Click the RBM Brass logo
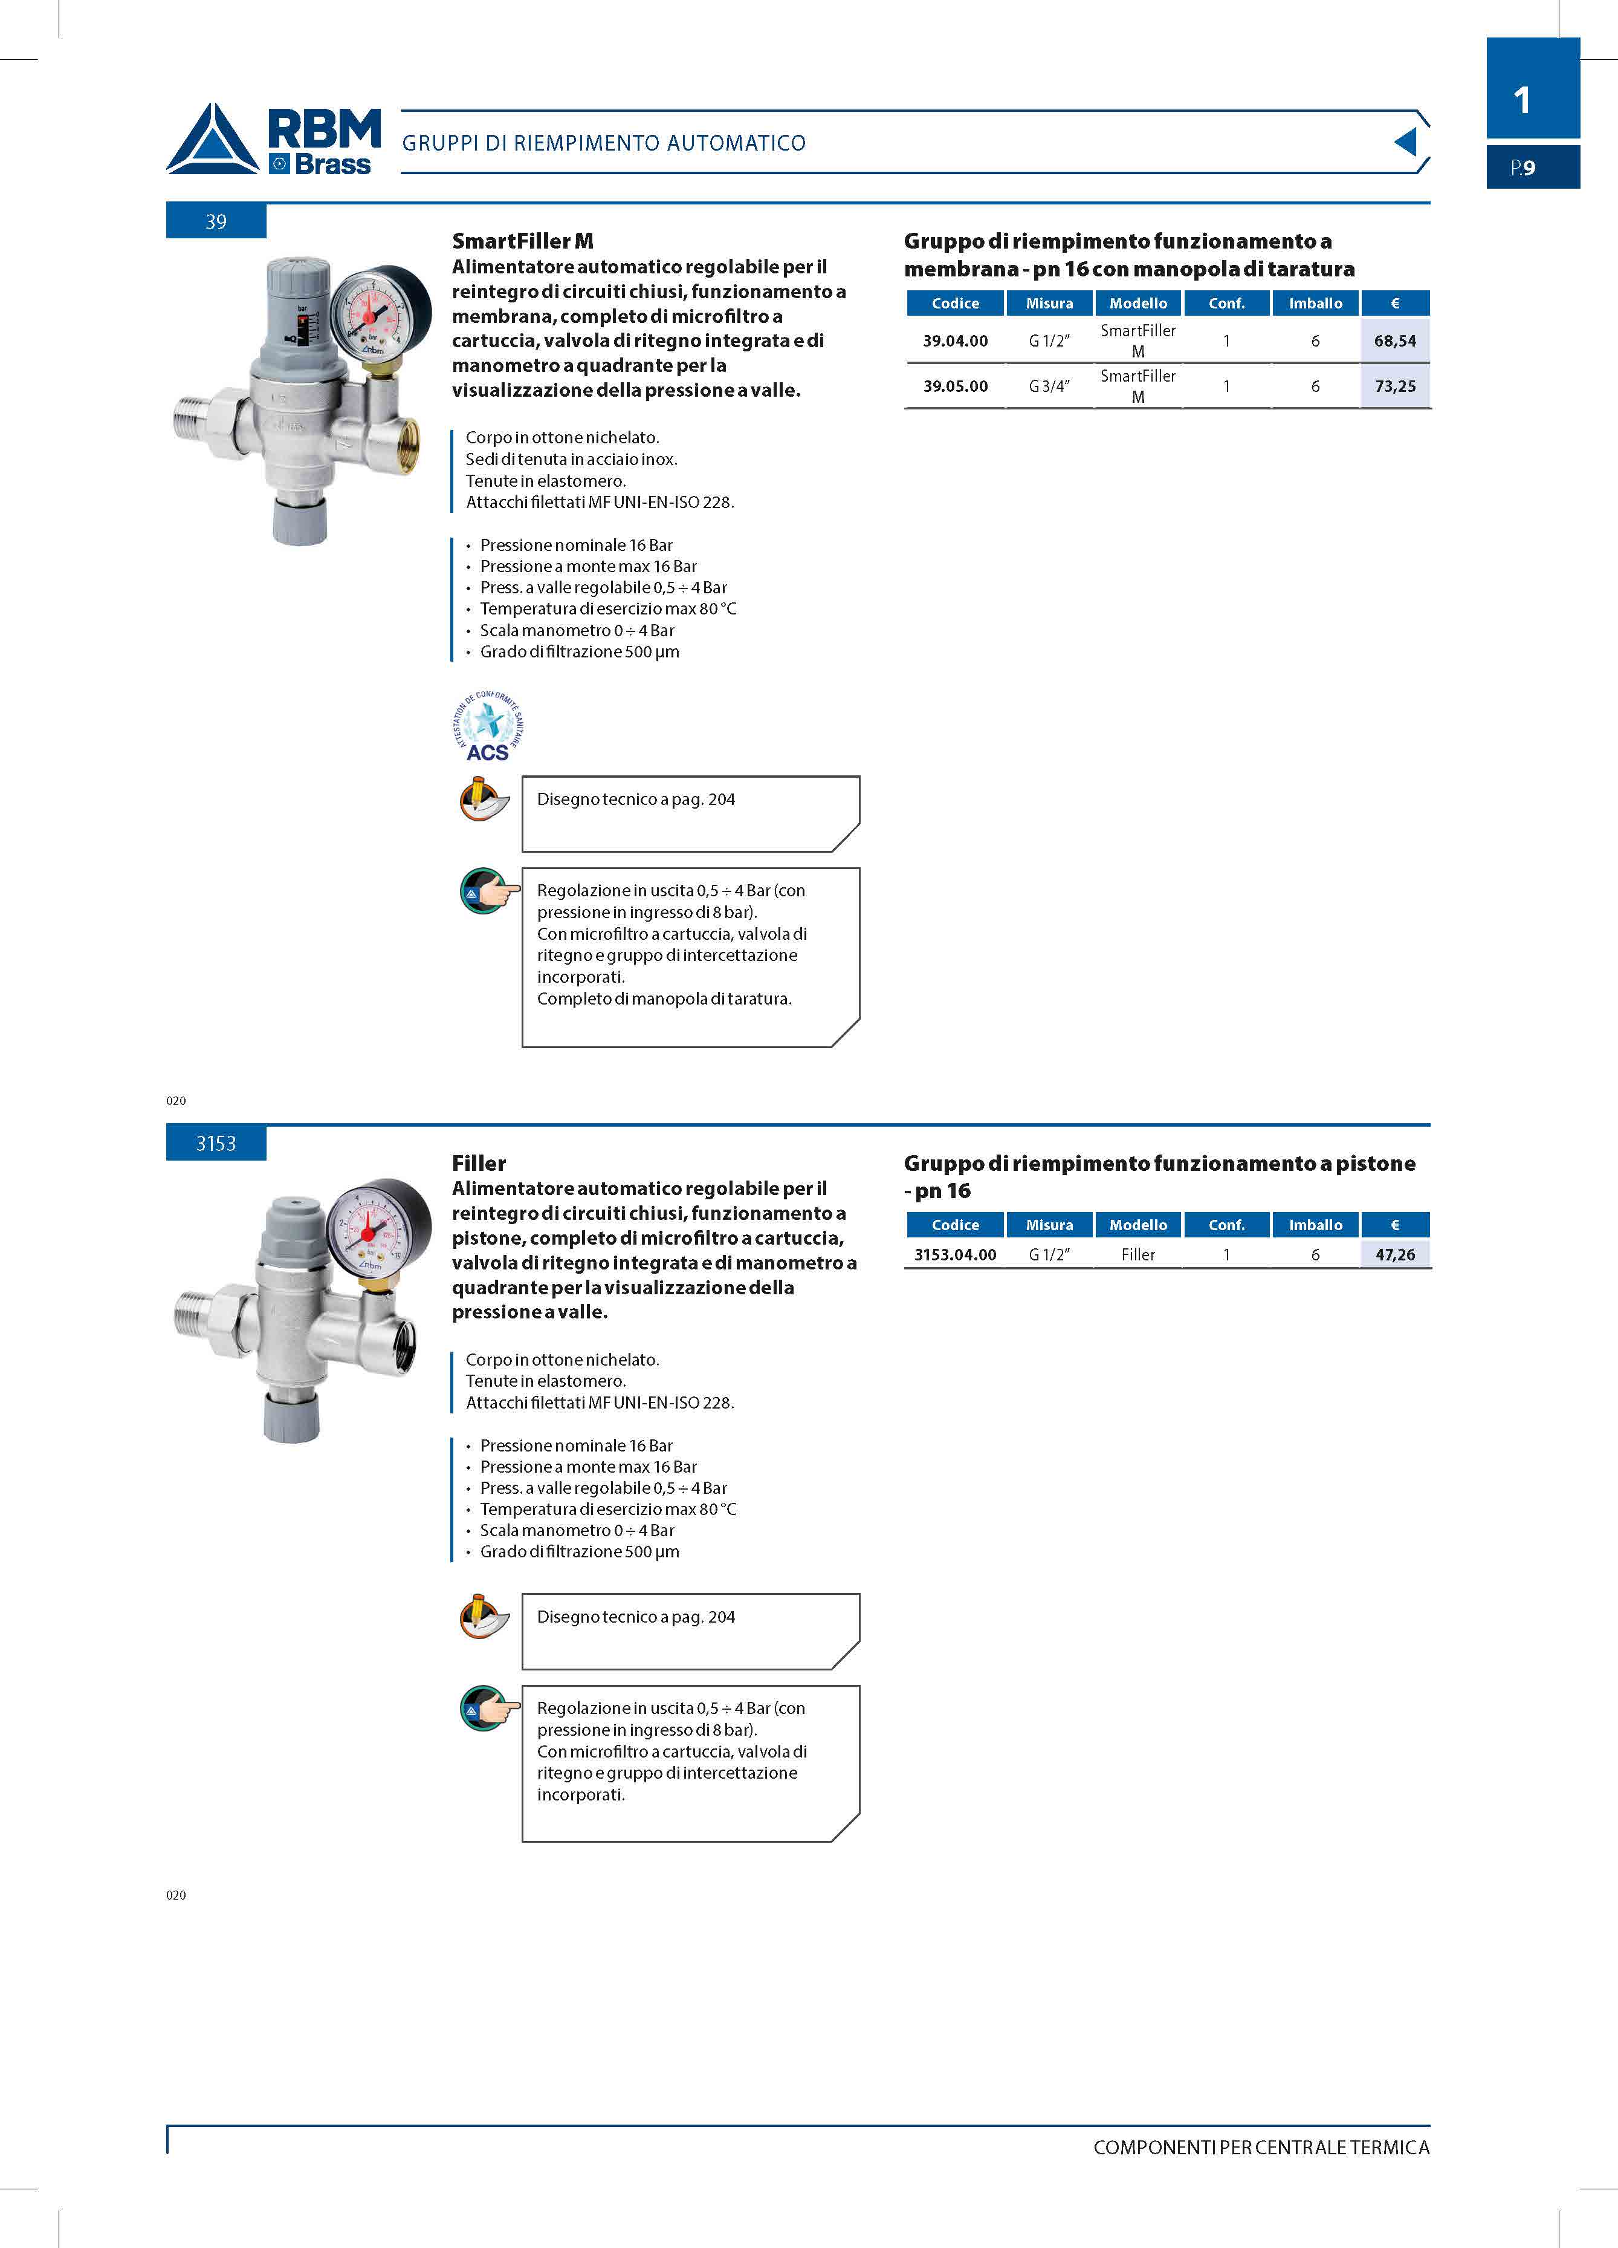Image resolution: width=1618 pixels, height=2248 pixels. pyautogui.click(x=273, y=140)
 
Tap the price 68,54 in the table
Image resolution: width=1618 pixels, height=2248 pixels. pyautogui.click(x=1394, y=341)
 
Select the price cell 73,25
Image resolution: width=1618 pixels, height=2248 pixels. pyautogui.click(x=1394, y=386)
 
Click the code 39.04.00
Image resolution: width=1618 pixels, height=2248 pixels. pyautogui.click(x=955, y=341)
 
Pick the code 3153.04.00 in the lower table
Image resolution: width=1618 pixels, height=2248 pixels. pyautogui.click(x=955, y=1255)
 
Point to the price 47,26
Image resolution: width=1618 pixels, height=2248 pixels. pyautogui.click(x=1394, y=1255)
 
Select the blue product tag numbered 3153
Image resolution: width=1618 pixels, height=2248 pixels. pyautogui.click(x=216, y=1144)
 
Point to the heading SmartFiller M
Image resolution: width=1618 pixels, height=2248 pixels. pyautogui.click(x=522, y=241)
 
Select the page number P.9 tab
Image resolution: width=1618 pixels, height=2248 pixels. pyautogui.click(x=1532, y=168)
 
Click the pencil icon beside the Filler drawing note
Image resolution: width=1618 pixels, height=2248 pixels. pyautogui.click(x=484, y=1615)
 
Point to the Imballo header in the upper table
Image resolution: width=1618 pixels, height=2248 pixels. pyautogui.click(x=1315, y=304)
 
